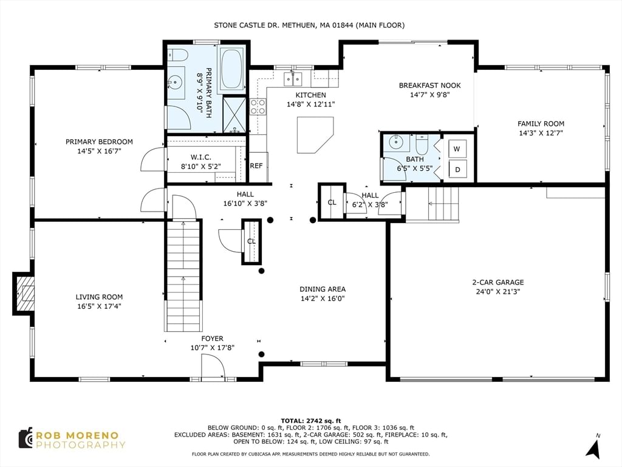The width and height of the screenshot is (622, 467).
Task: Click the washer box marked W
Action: pos(457,149)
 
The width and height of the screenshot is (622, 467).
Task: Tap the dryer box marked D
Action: pos(457,170)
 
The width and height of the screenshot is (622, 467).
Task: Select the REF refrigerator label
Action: pos(256,166)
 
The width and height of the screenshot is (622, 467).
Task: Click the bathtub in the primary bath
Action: pos(231,69)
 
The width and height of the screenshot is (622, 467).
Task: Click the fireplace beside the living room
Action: pos(24,294)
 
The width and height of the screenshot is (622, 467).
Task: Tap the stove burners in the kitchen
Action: pos(258,107)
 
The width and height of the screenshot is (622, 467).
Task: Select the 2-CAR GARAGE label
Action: pos(498,282)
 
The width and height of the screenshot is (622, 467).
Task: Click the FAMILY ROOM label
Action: pos(541,124)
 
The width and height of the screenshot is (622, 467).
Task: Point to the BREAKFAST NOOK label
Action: pos(430,85)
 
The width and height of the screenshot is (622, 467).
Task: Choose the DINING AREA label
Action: pos(323,289)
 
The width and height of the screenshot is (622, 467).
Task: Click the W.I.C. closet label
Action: pos(200,157)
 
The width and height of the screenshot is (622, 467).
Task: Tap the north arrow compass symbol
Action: pos(593,448)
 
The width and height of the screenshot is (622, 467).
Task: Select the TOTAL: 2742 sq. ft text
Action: pos(310,421)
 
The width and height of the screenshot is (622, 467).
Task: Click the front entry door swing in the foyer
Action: pos(213,367)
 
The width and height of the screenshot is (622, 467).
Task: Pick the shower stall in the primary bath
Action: pos(234,115)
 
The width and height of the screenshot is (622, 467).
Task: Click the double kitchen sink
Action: pos(293,79)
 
